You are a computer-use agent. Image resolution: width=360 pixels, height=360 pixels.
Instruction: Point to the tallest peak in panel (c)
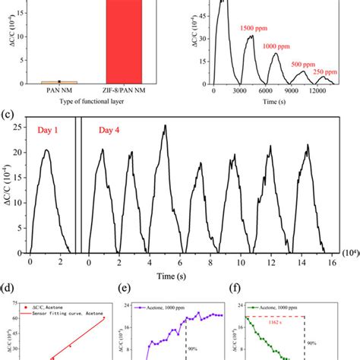164,126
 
